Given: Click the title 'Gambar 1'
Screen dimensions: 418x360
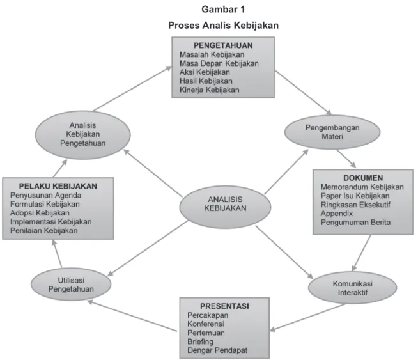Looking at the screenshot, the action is (223, 10).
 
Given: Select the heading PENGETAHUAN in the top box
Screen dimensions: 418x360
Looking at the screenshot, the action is (223, 45).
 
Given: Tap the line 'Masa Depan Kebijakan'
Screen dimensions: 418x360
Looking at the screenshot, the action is (219, 63).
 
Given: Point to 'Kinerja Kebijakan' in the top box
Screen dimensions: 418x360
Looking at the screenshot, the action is (209, 90).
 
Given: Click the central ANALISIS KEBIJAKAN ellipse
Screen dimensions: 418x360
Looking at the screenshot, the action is (225, 207).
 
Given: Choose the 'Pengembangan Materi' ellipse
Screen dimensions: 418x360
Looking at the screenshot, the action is (332, 132).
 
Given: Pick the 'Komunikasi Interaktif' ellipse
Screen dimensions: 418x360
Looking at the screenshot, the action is (352, 288).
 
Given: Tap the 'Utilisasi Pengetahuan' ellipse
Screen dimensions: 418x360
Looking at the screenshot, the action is (71, 285).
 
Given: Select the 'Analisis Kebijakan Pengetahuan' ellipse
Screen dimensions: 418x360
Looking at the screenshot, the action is (83, 135).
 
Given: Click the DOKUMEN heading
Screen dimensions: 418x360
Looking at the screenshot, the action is (363, 178).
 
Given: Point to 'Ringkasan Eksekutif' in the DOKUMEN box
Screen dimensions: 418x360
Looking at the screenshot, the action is (355, 205).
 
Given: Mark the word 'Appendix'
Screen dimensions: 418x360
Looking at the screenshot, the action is (337, 214).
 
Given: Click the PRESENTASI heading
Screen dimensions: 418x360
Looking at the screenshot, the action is (224, 306).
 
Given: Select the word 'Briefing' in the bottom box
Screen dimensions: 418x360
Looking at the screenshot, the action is (200, 341).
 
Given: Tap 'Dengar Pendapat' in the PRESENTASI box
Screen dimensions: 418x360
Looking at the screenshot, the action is (217, 350).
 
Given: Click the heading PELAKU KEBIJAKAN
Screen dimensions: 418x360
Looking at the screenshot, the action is (58, 186).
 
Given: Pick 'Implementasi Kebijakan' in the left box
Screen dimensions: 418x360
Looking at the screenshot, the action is (50, 222).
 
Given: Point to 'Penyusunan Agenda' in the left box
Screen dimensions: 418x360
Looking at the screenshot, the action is (45, 196).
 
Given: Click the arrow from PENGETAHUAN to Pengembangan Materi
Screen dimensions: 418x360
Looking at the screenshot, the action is (303, 93).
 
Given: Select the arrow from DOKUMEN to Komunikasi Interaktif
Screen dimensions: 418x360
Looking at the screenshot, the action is (361, 253).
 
